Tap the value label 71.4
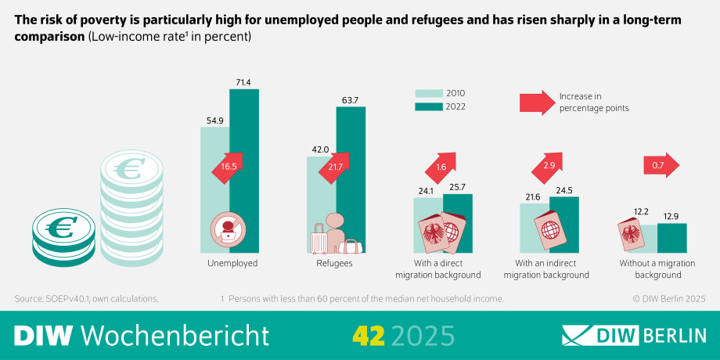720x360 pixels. tap(243, 82)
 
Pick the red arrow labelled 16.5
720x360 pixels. tap(229, 167)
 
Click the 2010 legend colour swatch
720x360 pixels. tap(427, 93)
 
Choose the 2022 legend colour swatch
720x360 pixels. tap(427, 106)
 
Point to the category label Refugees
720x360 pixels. tap(335, 264)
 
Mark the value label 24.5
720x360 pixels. tap(564, 190)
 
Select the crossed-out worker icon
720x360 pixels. tap(227, 230)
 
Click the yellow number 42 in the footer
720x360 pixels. tap(368, 335)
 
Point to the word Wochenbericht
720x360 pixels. tap(175, 335)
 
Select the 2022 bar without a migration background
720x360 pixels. tap(672, 239)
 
